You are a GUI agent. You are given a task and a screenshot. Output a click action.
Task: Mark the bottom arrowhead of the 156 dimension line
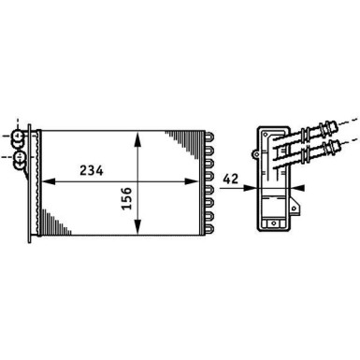point(139,233)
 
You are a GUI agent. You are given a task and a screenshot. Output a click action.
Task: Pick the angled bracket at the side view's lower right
point(292,224)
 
